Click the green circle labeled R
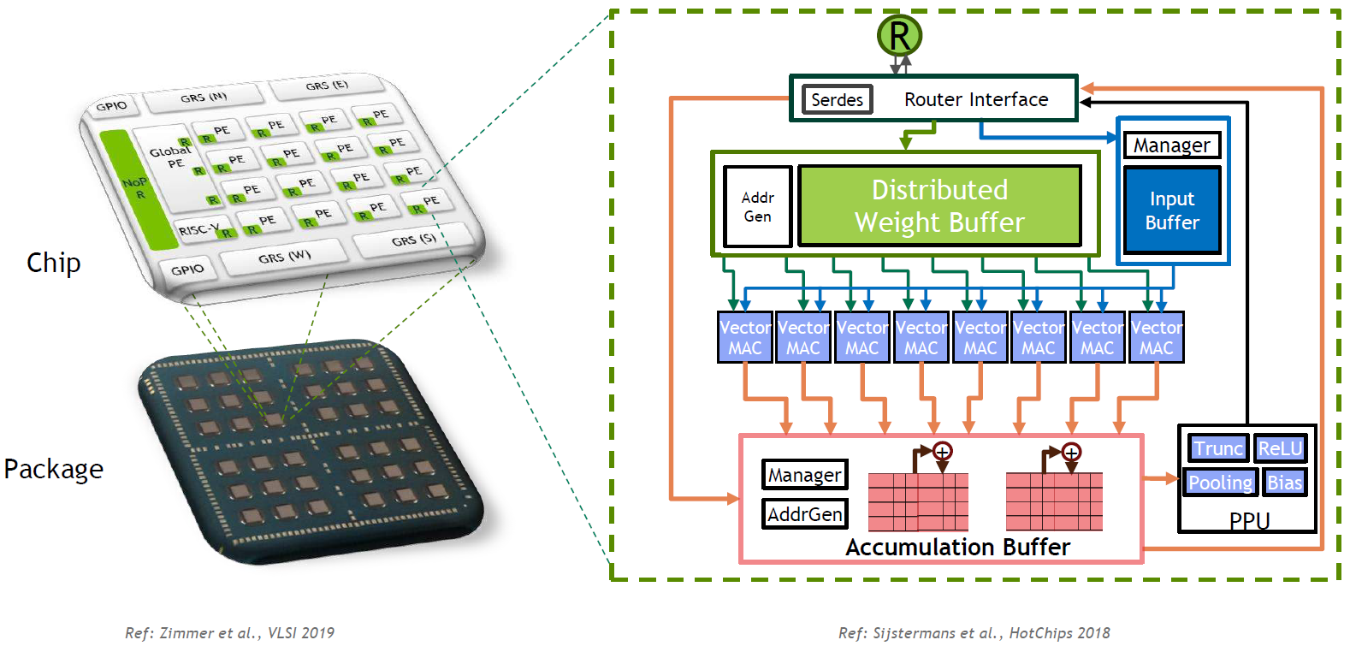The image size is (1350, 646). pos(899,36)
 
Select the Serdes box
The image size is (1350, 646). pos(837,100)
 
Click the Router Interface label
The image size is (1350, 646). pos(976,100)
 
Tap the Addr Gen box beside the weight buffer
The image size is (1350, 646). pos(757,207)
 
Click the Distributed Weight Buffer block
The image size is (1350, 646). pos(939,206)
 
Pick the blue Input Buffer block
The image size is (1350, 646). pos(1172,210)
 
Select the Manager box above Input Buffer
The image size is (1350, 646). pos(1171,145)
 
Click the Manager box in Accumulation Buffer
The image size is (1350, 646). pos(804,475)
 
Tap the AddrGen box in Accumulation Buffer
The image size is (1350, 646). pos(804,514)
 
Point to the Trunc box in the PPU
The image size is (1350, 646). pos(1217,448)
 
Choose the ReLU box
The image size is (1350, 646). pos(1280,448)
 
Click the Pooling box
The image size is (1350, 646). pos(1220,483)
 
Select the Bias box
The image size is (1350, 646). pos(1284,483)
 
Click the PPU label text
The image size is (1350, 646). pos(1249,520)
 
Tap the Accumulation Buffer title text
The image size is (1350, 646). pos(957,548)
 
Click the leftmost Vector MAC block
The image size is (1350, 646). pos(744,338)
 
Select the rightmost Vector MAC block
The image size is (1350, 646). pos(1156,338)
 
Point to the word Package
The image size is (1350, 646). pos(53,469)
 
